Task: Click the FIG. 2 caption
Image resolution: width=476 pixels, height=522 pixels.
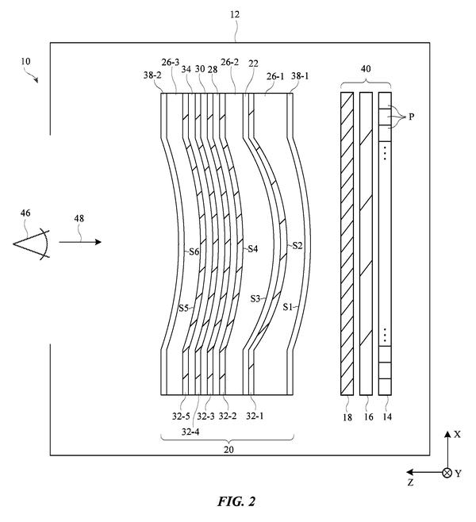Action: coord(236,501)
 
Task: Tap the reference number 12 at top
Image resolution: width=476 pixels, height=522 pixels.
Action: coord(235,14)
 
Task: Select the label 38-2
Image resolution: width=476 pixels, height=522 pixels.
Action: coord(152,75)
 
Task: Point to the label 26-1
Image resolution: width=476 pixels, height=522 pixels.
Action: coord(275,76)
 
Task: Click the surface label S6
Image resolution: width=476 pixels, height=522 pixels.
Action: coord(194,251)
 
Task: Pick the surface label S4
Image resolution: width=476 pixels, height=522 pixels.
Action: coord(252,248)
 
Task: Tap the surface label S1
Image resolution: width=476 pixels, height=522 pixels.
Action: coord(288,306)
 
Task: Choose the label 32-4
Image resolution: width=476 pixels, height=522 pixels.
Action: coord(190,432)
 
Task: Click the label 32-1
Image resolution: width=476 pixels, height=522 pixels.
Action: coord(255,416)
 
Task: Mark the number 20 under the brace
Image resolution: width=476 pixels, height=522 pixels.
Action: coord(228,450)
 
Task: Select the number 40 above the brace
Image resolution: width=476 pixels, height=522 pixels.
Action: coord(366,69)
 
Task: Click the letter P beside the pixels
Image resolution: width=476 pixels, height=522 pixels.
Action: coord(412,117)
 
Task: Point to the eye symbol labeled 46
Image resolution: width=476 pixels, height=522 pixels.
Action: coord(31,244)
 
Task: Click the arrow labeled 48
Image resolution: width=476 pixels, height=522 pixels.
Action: coord(80,242)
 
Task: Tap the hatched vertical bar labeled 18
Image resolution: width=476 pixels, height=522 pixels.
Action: coord(347,244)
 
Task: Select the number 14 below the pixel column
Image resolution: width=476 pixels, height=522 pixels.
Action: coord(387,416)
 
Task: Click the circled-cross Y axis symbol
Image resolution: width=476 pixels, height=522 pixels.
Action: coord(447,473)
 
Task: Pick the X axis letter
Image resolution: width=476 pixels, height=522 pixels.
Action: coord(458,434)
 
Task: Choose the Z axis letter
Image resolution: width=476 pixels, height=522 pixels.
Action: coord(411,482)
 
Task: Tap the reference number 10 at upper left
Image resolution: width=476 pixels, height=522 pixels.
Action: coord(25,61)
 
